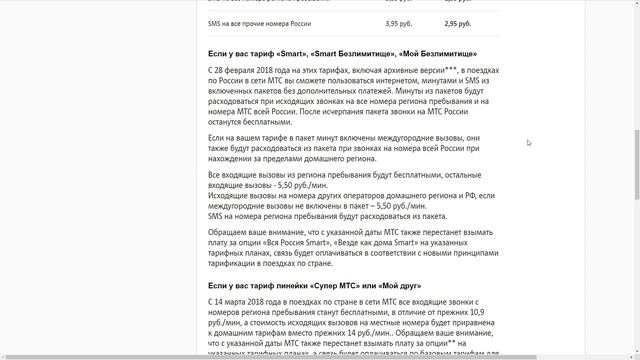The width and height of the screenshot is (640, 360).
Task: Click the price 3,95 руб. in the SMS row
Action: (400, 22)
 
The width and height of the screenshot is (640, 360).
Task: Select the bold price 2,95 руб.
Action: (459, 22)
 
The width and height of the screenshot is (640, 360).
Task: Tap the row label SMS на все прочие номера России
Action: (259, 22)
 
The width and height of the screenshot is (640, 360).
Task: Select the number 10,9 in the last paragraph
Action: (484, 312)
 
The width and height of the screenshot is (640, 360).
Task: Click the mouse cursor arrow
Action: (529, 142)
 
